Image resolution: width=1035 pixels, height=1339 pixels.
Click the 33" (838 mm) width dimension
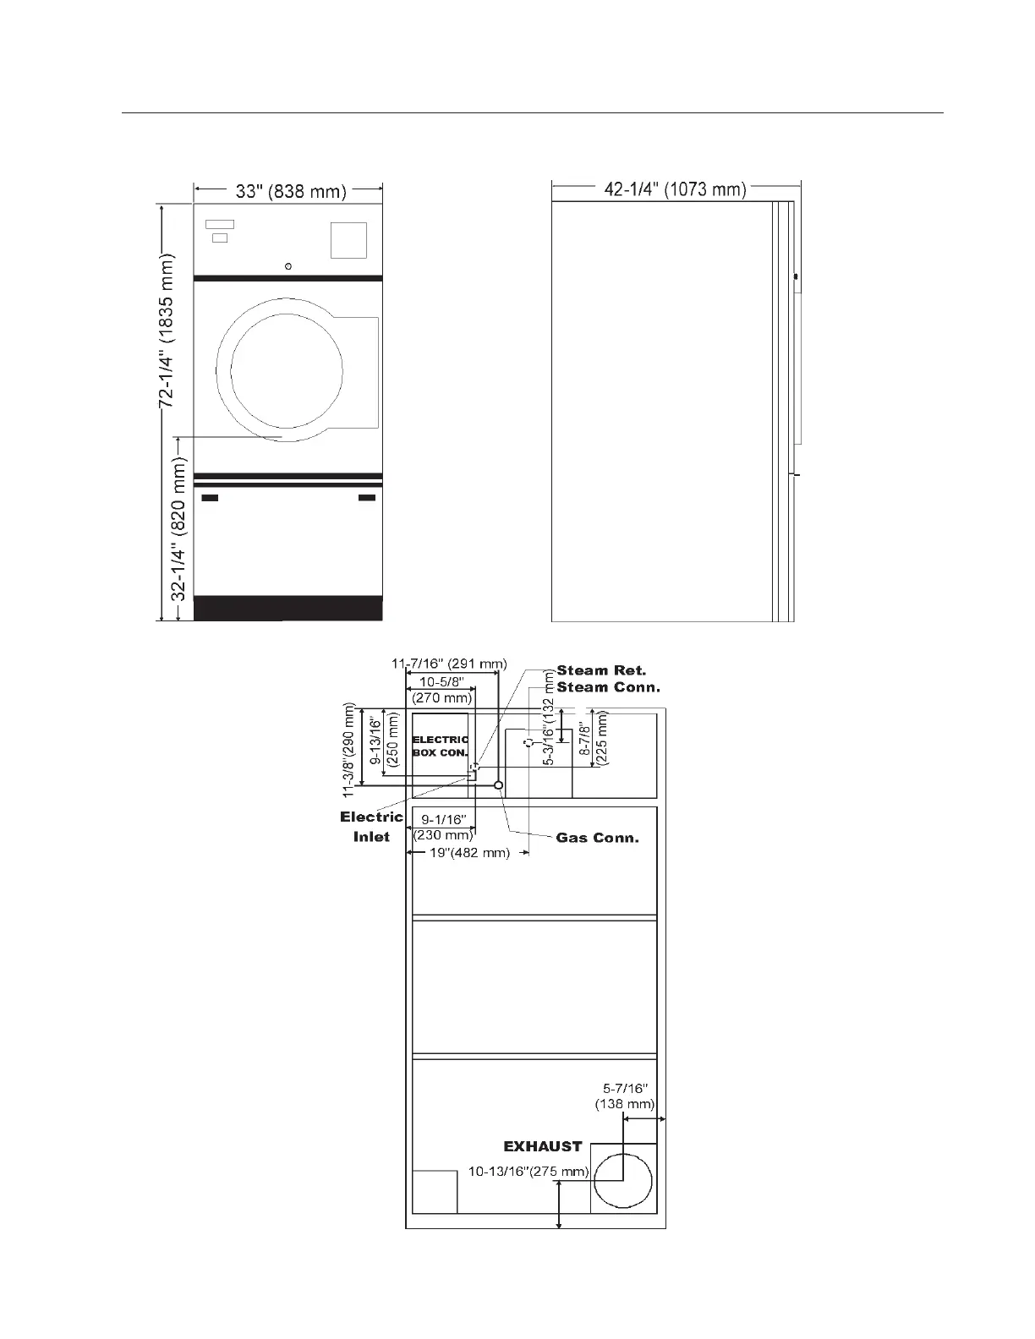click(x=291, y=192)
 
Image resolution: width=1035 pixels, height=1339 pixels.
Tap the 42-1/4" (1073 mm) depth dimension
click(x=675, y=189)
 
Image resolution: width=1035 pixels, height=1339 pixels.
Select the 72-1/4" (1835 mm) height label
click(x=167, y=331)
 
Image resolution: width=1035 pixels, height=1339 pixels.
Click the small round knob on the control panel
click(x=287, y=266)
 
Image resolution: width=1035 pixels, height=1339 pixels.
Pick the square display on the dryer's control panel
click(x=349, y=240)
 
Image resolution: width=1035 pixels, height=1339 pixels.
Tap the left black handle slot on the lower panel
click(x=211, y=497)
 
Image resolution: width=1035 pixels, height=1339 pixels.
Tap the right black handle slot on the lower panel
click(x=367, y=497)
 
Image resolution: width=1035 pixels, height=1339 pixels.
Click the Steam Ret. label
click(x=601, y=670)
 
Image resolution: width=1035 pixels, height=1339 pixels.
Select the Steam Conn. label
click(x=608, y=687)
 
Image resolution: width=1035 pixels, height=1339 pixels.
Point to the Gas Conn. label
click(x=597, y=838)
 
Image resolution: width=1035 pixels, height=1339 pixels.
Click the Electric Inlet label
click(x=371, y=827)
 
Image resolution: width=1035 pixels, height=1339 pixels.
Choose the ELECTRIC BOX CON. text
click(x=441, y=746)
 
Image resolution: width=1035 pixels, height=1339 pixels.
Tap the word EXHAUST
click(x=543, y=1146)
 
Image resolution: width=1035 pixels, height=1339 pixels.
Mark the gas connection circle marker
click(x=499, y=785)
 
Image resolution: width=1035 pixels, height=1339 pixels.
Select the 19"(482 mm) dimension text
click(x=470, y=853)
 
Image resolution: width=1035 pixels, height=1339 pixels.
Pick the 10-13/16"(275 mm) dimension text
click(x=528, y=1171)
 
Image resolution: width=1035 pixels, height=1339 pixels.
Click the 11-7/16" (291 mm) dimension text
click(x=449, y=664)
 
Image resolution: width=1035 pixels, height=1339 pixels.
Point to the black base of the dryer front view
click(x=288, y=608)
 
